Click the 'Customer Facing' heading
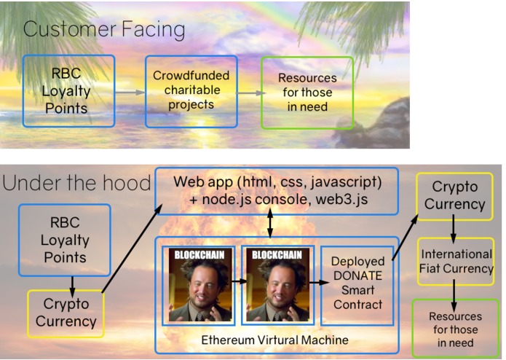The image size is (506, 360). coord(104,30)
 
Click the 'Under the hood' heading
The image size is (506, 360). coord(76,184)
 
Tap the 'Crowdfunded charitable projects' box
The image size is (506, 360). coord(191,90)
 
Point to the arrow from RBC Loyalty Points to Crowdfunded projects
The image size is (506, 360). coord(130,93)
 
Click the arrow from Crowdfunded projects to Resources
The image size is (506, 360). coord(249,93)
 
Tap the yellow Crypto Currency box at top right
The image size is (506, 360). coord(454,196)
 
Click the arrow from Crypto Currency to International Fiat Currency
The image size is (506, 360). coord(454,230)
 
